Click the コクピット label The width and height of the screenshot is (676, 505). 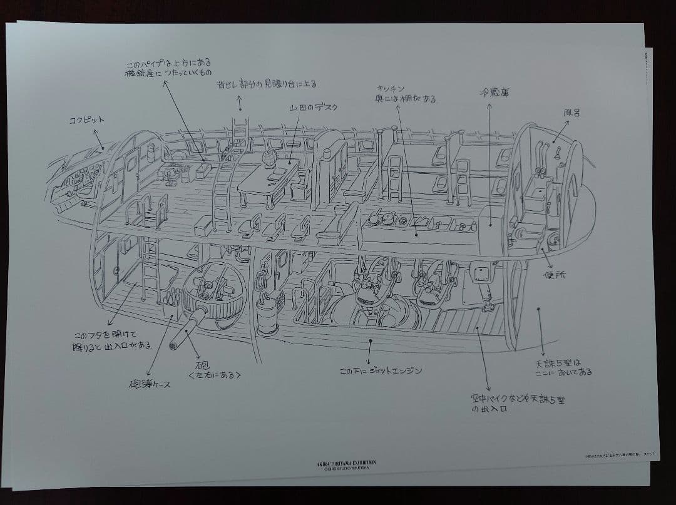[86, 120]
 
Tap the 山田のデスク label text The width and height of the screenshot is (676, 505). [313, 107]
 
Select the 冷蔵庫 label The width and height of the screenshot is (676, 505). [494, 92]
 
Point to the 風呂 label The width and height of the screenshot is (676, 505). [571, 113]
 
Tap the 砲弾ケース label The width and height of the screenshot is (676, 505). [148, 384]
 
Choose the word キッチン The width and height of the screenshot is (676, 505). [390, 89]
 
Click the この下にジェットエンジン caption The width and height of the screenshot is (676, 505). [380, 370]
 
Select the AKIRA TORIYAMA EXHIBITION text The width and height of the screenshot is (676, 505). [346, 464]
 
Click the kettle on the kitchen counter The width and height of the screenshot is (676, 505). [387, 217]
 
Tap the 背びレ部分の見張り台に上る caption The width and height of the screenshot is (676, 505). [267, 83]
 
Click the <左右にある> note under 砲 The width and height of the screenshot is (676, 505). [214, 375]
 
